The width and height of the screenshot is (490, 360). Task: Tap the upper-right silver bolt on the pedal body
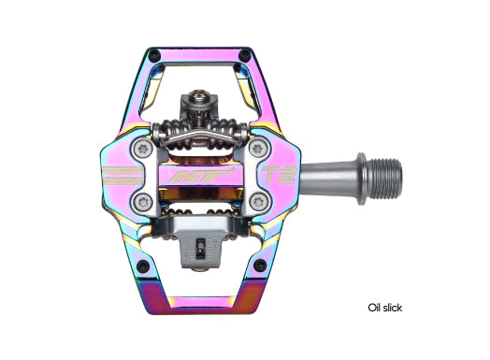(256, 149)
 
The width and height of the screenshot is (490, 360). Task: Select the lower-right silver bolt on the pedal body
(256, 198)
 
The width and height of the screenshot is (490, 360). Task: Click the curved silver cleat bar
(199, 141)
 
